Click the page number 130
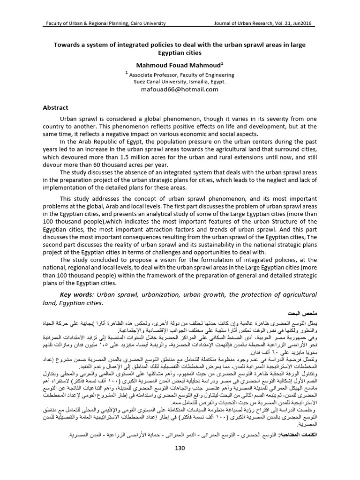(180, 448)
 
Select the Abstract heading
(55, 107)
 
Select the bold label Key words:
(76, 293)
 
